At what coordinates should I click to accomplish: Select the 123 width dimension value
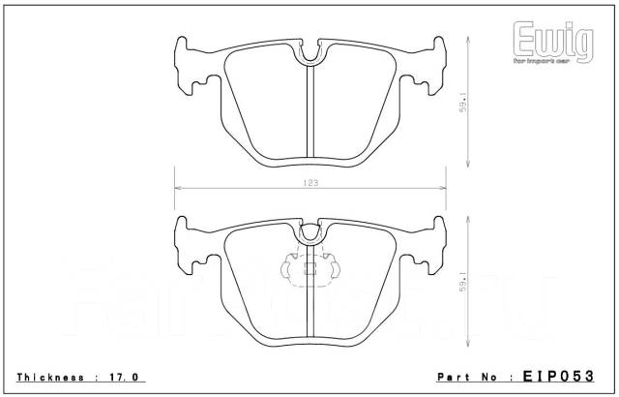309,182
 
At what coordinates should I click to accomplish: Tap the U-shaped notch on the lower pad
309,232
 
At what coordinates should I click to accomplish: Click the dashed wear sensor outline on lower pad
309,265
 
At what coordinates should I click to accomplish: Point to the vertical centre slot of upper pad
309,111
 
